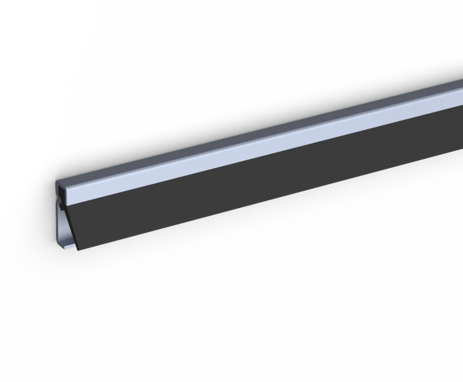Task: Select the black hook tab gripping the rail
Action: tap(63, 207)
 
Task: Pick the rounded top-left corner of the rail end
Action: tap(57, 182)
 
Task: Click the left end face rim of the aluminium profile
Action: tap(56, 222)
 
